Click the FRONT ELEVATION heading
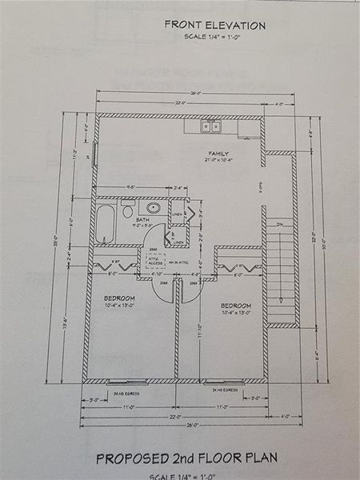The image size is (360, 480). click(x=214, y=25)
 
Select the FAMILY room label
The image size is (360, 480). click(x=219, y=153)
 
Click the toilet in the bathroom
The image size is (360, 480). click(x=128, y=211)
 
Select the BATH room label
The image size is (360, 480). click(x=143, y=219)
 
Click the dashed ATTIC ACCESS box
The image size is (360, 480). click(x=155, y=262)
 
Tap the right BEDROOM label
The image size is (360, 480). click(x=236, y=305)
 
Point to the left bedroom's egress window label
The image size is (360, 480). click(x=126, y=393)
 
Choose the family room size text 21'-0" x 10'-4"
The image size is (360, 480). click(x=219, y=161)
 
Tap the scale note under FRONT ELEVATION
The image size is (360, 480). click(x=214, y=38)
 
